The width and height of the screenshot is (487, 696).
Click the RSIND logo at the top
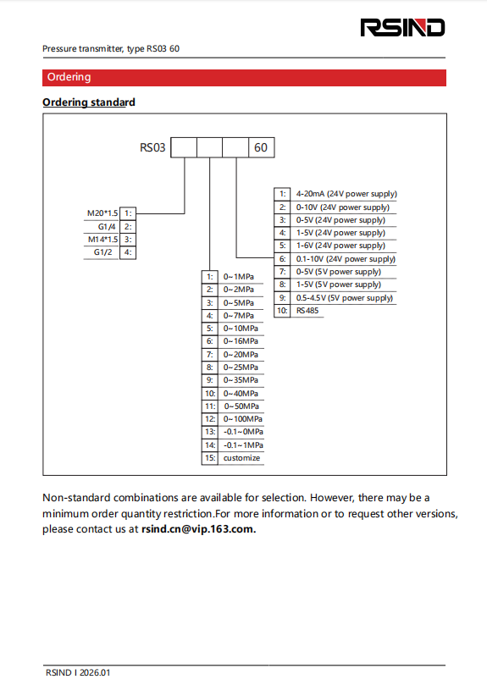[x=402, y=27]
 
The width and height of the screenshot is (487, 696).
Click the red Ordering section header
[x=69, y=77]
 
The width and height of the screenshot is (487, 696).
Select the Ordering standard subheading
[x=89, y=102]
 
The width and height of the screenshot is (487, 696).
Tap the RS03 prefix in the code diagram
[x=153, y=147]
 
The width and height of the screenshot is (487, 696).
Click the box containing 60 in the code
[x=261, y=147]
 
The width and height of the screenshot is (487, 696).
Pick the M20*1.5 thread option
[x=103, y=213]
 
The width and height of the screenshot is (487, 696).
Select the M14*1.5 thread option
[x=103, y=240]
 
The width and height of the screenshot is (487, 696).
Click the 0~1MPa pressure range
[x=238, y=277]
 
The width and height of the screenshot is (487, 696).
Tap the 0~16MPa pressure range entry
[x=241, y=341]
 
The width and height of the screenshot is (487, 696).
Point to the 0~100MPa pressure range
[x=242, y=419]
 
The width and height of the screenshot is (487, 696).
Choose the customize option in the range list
[x=241, y=458]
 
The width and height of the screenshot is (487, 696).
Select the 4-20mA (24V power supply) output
[x=346, y=194]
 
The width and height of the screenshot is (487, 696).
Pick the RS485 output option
[x=308, y=311]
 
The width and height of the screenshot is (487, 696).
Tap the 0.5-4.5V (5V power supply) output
[x=344, y=298]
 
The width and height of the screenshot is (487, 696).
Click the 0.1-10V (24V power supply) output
[x=346, y=259]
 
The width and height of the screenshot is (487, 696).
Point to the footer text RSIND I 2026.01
[x=78, y=673]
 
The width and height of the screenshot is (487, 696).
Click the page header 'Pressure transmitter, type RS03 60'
[x=111, y=48]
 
